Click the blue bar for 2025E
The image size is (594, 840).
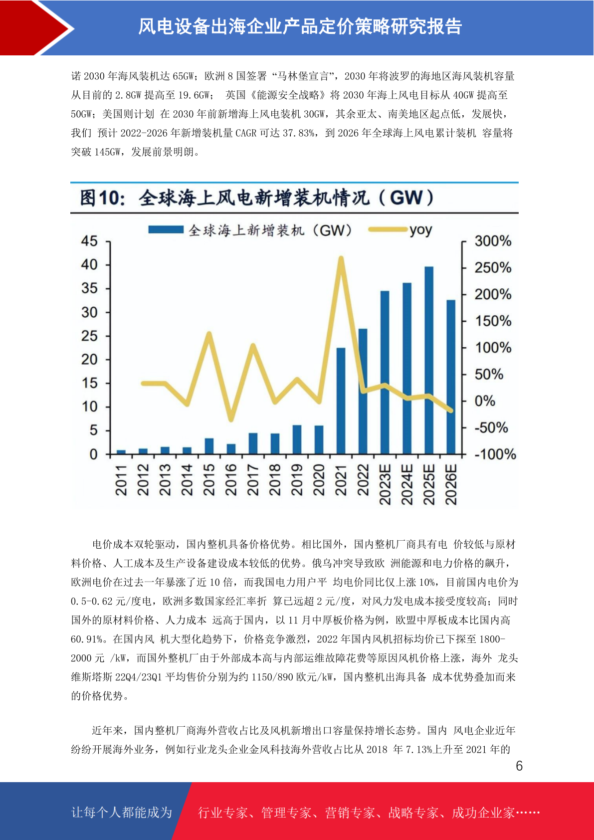pos(428,360)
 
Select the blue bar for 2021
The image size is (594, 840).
pos(341,401)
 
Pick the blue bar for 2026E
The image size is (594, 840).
pos(451,377)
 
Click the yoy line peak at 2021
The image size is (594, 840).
pos(341,258)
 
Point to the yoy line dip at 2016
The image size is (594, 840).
pos(231,419)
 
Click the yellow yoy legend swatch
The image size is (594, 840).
pos(388,229)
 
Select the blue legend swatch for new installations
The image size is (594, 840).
pos(166,229)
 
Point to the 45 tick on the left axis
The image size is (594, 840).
pos(89,241)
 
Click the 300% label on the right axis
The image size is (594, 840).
pos(493,241)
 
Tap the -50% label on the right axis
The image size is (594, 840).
pos(491,427)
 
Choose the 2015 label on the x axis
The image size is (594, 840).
pos(209,480)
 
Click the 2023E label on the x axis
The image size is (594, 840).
pos(385,484)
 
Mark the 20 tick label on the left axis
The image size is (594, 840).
pos(89,360)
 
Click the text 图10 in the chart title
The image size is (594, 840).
pos(102,198)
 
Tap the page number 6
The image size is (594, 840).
pos(519,766)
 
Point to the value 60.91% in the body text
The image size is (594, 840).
pos(87,639)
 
